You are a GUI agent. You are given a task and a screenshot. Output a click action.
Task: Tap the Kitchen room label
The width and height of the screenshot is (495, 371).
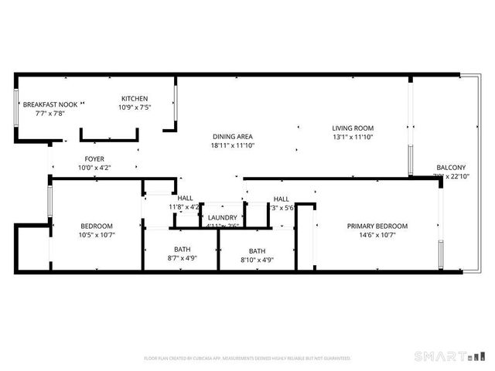(x=135, y=98)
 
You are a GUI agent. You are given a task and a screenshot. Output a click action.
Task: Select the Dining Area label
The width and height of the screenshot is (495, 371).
(x=234, y=136)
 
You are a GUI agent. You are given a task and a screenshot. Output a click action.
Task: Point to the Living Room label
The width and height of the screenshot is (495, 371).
(x=353, y=128)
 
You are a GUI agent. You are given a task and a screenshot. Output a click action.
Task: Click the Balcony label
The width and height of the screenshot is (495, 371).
(x=451, y=168)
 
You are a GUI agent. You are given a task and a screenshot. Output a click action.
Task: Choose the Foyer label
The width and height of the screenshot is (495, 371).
(x=94, y=158)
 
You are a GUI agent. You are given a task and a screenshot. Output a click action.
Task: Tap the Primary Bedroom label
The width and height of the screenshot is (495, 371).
(x=377, y=226)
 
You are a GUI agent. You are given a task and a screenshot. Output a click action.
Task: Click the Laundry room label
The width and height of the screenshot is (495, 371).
(x=223, y=218)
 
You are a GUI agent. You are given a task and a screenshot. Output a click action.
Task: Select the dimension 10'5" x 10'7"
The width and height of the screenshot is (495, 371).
(x=97, y=235)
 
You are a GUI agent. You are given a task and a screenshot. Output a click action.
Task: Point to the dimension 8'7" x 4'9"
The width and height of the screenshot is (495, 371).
(x=183, y=259)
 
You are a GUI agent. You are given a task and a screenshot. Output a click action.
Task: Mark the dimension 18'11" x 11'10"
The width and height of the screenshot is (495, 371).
(x=234, y=145)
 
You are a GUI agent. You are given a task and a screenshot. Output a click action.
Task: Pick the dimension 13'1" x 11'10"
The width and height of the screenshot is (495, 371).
(x=353, y=137)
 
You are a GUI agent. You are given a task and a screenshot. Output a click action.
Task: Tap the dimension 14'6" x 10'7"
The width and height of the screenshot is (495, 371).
(x=377, y=235)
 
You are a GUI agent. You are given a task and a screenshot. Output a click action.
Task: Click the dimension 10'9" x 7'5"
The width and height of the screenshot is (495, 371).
(x=135, y=107)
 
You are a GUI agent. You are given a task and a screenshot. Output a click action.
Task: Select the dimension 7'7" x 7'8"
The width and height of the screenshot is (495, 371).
(x=50, y=113)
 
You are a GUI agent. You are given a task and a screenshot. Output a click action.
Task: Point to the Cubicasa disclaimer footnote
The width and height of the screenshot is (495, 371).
(x=247, y=358)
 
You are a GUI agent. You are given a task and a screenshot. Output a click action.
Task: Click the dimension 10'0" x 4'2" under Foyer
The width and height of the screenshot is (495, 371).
(x=94, y=168)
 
